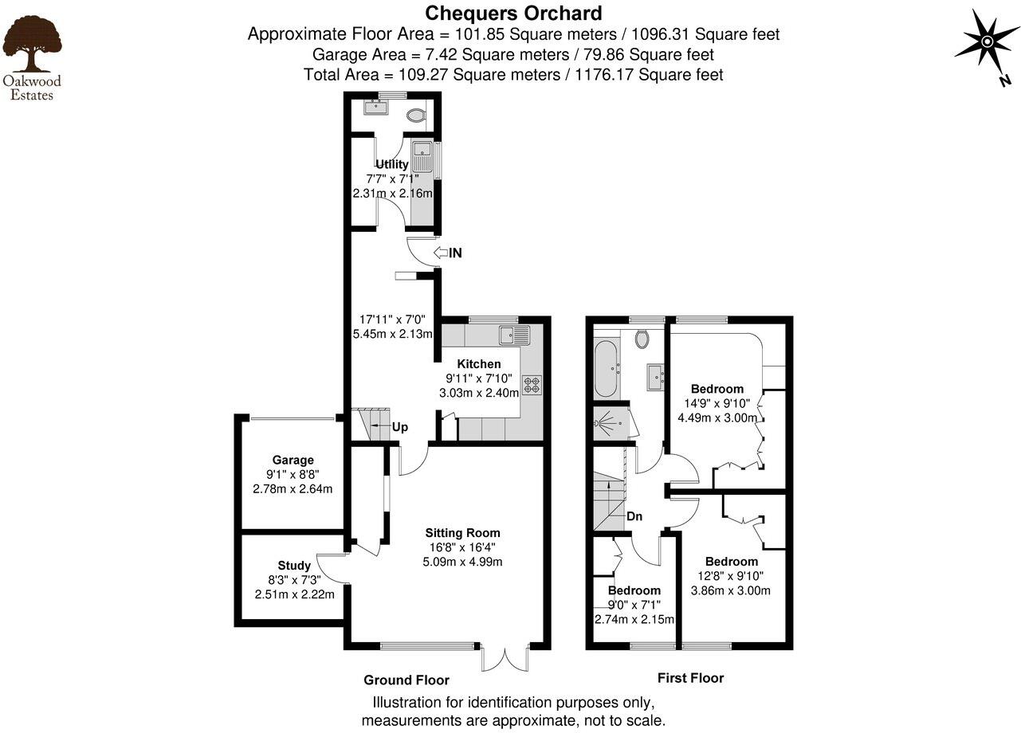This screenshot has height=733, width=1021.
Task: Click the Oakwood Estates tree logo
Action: click(32, 45)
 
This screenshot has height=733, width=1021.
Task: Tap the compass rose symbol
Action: click(986, 41)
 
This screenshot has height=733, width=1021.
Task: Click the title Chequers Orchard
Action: click(513, 13)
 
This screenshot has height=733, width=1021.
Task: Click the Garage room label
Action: click(293, 460)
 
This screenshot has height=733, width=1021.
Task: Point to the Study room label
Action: click(294, 566)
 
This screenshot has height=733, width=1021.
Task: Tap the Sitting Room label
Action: click(462, 533)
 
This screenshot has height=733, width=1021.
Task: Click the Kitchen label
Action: click(479, 364)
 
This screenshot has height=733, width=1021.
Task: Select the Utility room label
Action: click(392, 164)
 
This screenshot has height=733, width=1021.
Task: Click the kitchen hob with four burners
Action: click(532, 386)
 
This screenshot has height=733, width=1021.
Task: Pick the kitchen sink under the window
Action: click(509, 335)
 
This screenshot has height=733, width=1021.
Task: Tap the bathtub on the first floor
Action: click(606, 369)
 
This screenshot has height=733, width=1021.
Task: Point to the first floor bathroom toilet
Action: click(642, 339)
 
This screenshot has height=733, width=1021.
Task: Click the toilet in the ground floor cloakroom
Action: click(415, 116)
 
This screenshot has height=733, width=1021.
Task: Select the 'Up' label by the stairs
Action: click(399, 427)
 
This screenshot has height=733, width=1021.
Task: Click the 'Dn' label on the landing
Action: click(634, 516)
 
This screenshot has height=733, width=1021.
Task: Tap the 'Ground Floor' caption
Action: click(406, 680)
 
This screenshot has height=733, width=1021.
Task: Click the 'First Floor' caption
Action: click(690, 678)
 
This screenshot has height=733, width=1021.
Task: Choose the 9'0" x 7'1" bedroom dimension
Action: click(634, 605)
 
